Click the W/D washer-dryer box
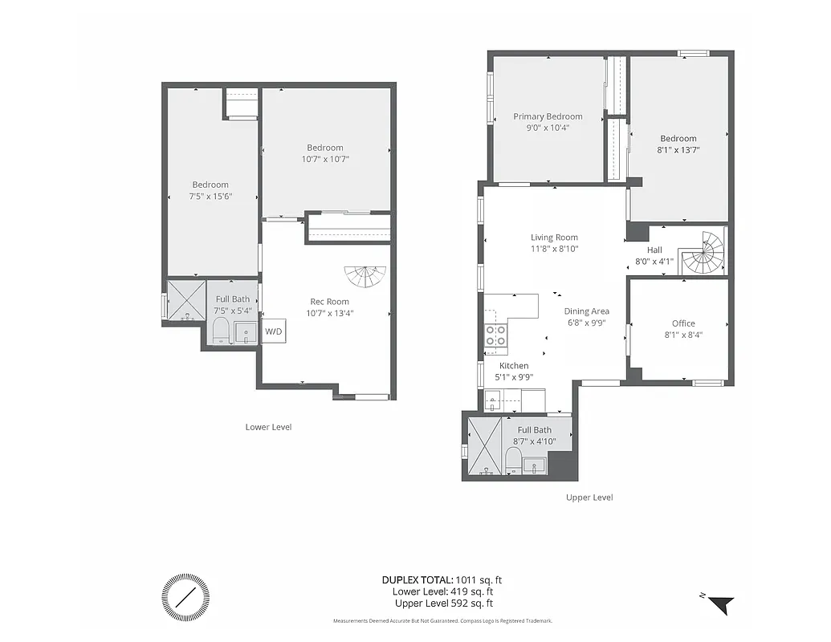tap(274, 331)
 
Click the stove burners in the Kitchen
tap(496, 335)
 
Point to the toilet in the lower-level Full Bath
tap(220, 331)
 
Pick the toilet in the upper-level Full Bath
tap(512, 461)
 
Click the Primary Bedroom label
tap(548, 116)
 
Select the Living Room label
tap(554, 237)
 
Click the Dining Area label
tap(586, 311)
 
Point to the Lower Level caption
tap(268, 427)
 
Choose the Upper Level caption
tap(589, 498)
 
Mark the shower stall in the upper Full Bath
tap(484, 445)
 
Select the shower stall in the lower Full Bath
tap(187, 299)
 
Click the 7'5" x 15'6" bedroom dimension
tap(210, 196)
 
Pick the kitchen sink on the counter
tap(494, 398)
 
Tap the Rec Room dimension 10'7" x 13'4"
tap(329, 313)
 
